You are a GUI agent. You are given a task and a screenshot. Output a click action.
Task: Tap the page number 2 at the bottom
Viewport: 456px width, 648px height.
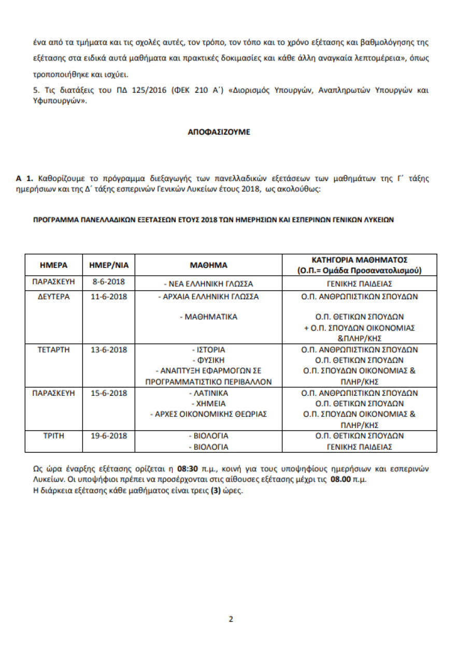231,619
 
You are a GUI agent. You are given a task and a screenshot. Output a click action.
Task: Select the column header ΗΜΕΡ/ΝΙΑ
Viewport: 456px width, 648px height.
109,265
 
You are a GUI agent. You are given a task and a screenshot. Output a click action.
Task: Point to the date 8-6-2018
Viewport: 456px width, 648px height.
109,283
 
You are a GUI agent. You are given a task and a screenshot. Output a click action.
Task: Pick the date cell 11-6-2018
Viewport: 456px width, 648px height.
109,297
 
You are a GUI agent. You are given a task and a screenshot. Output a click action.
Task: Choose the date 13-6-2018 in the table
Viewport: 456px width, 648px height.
109,350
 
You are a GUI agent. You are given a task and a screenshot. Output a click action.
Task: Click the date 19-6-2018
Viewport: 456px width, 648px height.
109,436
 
